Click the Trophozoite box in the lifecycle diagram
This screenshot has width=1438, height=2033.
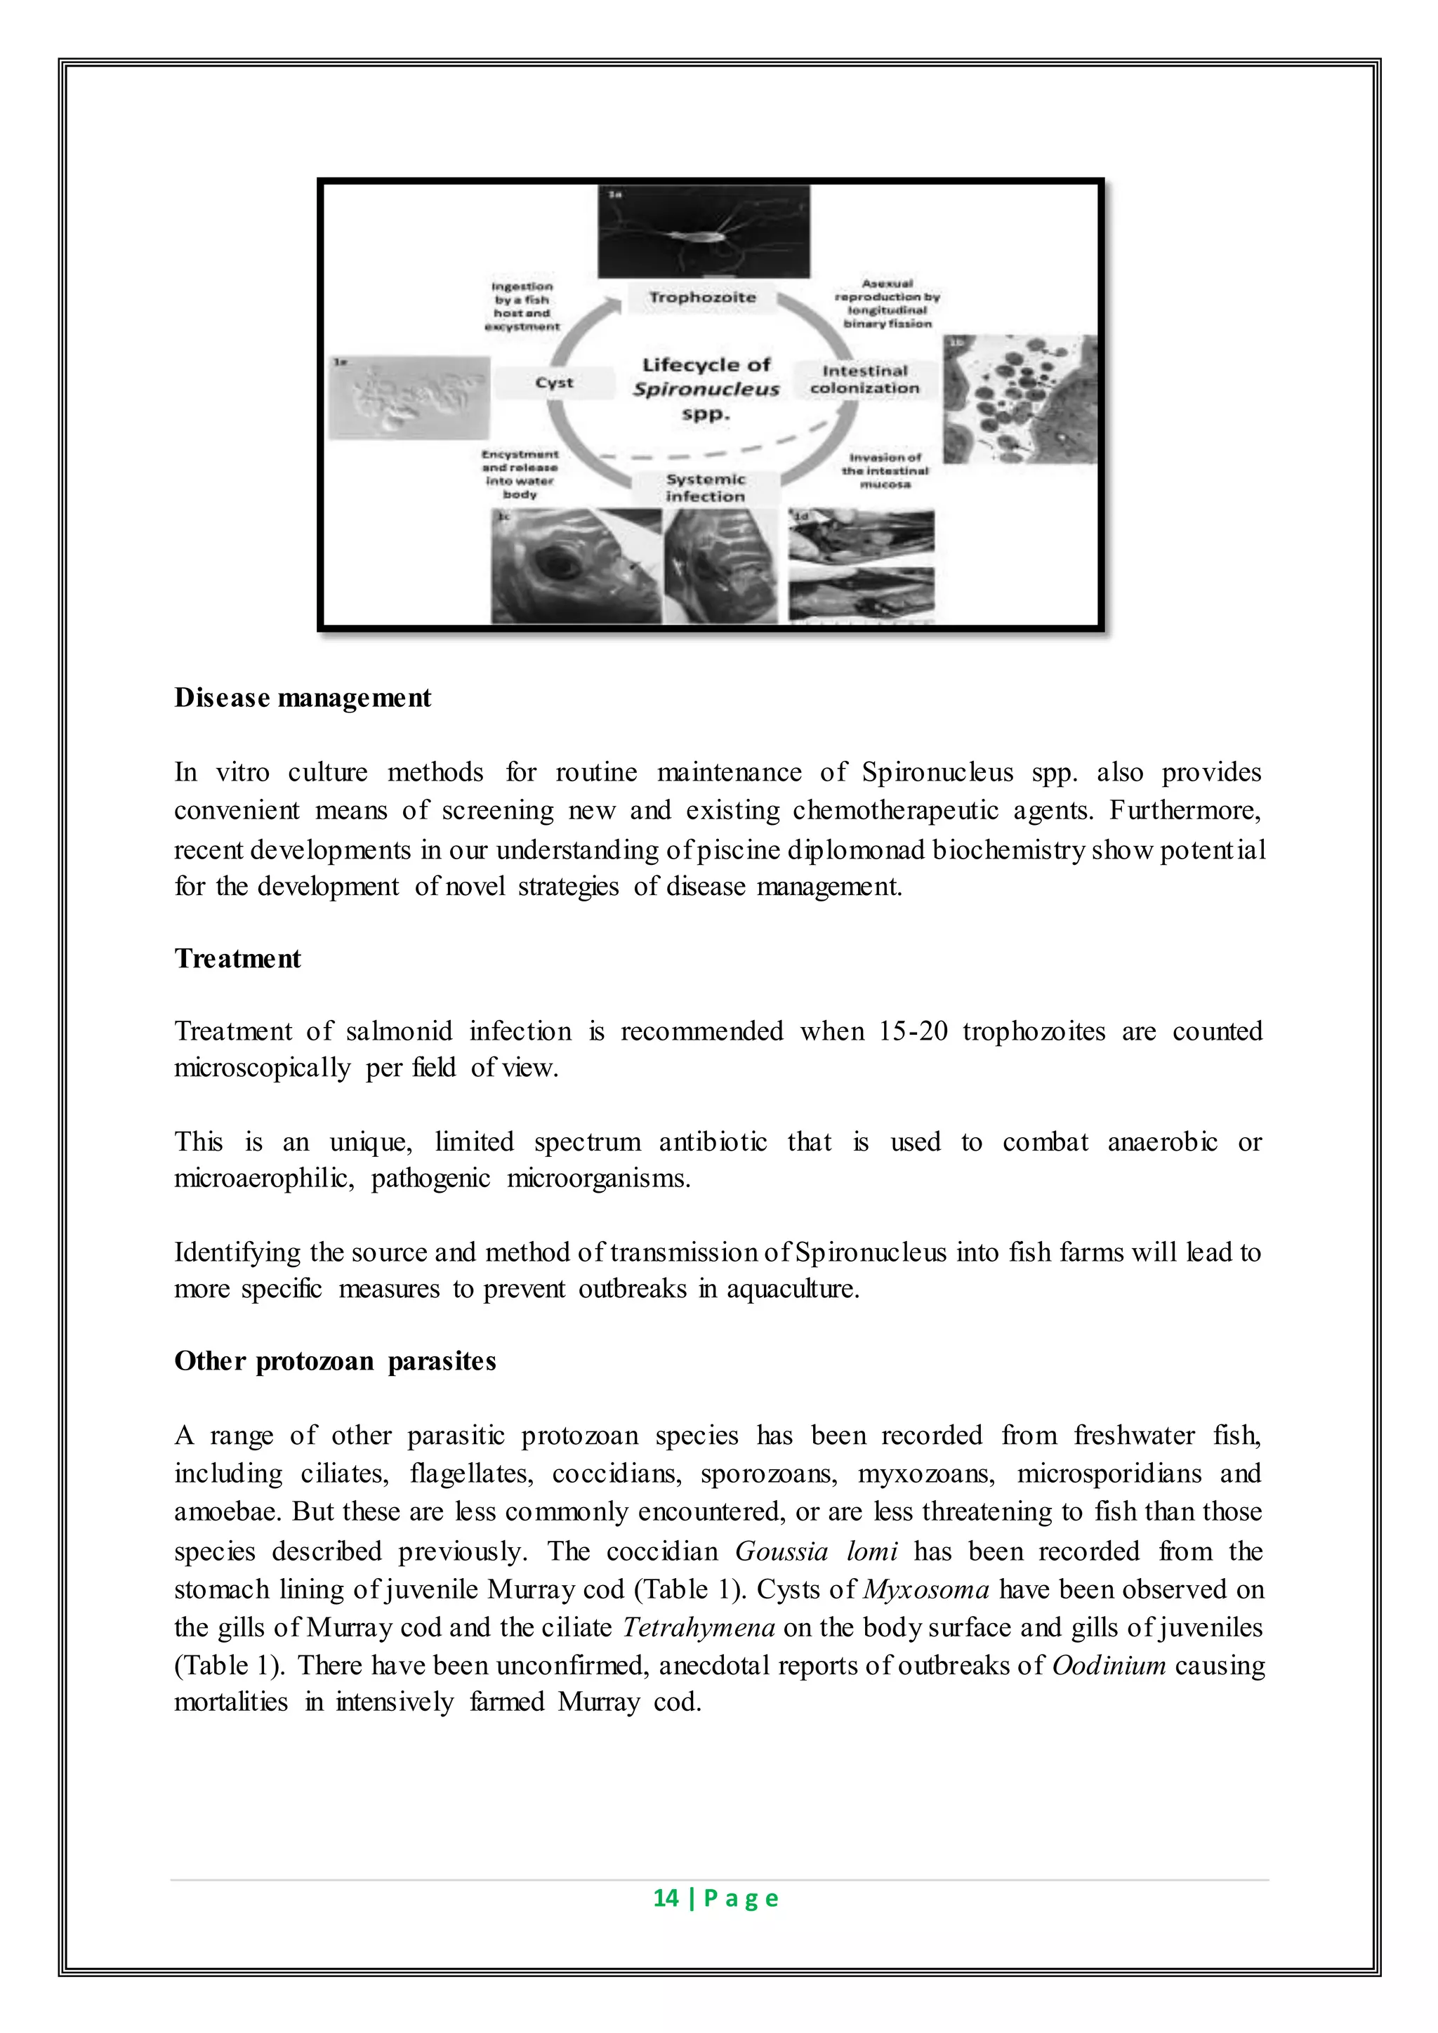pyautogui.click(x=702, y=298)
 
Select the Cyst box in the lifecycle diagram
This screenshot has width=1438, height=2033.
pyautogui.click(x=554, y=383)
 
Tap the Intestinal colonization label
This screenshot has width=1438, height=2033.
pyautogui.click(x=864, y=380)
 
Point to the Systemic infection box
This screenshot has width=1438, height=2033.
pyautogui.click(x=705, y=488)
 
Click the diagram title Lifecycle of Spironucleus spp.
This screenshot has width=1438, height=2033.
pyautogui.click(x=706, y=389)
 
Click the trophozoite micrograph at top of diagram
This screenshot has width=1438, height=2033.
pyautogui.click(x=703, y=232)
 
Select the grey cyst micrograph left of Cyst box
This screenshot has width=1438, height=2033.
pyautogui.click(x=409, y=397)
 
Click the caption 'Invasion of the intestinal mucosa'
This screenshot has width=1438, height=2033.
pyautogui.click(x=885, y=471)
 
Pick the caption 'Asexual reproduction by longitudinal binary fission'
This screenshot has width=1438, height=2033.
pyautogui.click(x=888, y=304)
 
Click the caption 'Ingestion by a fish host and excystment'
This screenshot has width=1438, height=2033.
pyautogui.click(x=522, y=306)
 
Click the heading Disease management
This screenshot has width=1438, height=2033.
pyautogui.click(x=302, y=698)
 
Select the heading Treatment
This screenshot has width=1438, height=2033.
pyautogui.click(x=237, y=959)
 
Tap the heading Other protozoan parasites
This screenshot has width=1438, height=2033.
pyautogui.click(x=335, y=1361)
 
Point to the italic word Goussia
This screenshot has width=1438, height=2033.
pyautogui.click(x=781, y=1551)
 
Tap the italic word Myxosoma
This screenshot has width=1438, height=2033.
pyautogui.click(x=925, y=1589)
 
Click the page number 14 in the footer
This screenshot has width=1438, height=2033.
pyautogui.click(x=666, y=1898)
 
